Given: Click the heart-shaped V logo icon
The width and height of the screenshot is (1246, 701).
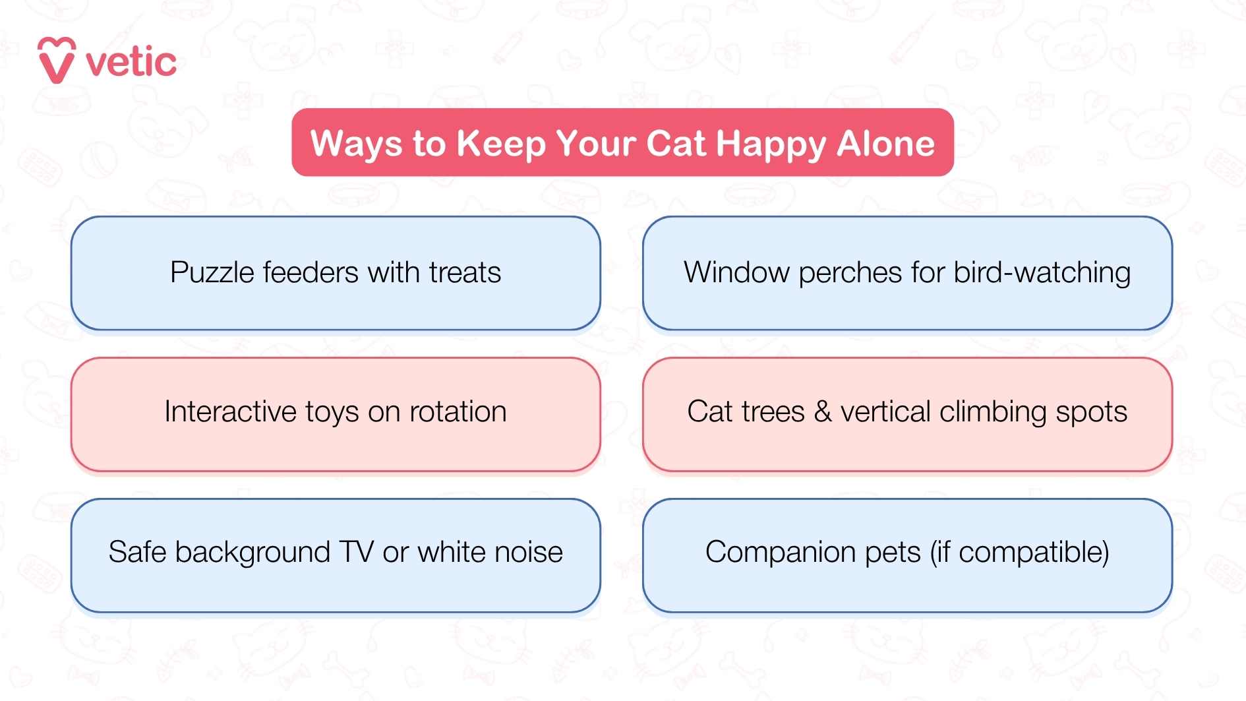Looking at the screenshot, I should (57, 61).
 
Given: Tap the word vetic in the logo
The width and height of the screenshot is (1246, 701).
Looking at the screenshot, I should (131, 63).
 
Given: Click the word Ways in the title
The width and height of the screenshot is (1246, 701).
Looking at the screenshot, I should (356, 144).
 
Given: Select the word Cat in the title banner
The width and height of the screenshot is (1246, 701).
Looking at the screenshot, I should (676, 144).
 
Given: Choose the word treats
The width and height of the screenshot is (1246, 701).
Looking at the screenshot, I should (465, 273).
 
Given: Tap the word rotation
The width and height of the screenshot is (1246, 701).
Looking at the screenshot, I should (458, 412).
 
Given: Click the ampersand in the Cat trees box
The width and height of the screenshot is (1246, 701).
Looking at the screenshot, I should (822, 412).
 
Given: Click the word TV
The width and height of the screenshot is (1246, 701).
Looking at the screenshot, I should (356, 553).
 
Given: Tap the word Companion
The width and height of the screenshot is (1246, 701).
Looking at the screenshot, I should (780, 553).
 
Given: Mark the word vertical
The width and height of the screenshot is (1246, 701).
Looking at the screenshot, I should (885, 412).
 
